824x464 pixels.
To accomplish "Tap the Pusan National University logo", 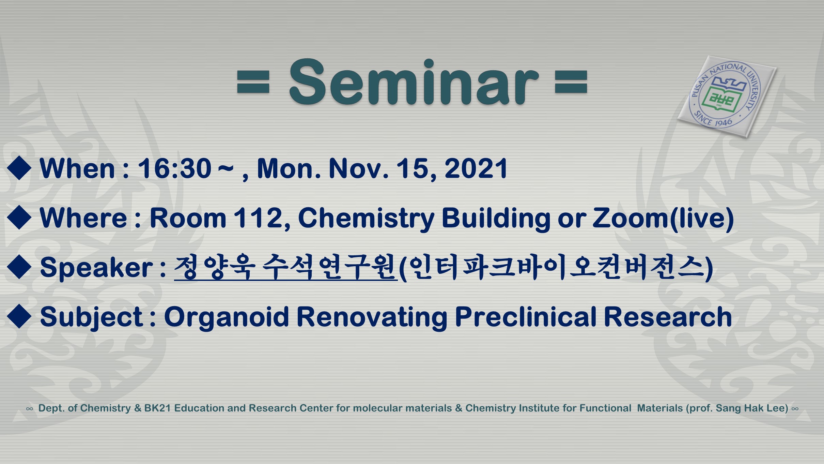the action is pos(727,96).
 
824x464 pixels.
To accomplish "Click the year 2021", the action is pos(476,168).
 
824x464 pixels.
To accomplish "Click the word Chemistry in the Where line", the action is pos(366,219).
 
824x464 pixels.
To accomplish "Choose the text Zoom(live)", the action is pos(663,219).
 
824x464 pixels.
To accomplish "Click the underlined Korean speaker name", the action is pos(285,268).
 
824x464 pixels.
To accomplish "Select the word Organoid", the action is pos(227,317).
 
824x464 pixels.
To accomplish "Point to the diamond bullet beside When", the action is pos(19,168).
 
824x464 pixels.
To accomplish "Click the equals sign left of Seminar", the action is pos(253,82).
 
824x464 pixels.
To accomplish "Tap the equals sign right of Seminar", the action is pos(571,82).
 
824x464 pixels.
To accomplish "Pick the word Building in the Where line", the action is pos(496,219).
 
